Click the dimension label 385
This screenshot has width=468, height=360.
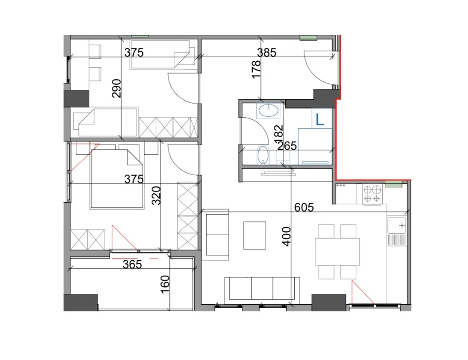[x=267, y=52]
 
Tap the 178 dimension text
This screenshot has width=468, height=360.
[x=256, y=70]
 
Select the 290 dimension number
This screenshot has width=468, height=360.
[x=117, y=88]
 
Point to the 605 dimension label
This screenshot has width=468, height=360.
[x=304, y=207]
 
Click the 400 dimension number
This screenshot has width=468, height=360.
[x=286, y=237]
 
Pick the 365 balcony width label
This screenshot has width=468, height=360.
[x=132, y=264]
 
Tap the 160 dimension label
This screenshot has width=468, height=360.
[x=165, y=284]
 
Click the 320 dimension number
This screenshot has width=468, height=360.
[x=156, y=195]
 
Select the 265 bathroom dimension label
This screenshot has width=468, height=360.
[x=287, y=146]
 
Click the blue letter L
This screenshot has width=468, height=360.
[x=320, y=120]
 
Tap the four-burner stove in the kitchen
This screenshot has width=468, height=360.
[x=372, y=194]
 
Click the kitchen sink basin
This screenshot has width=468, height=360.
[x=397, y=225]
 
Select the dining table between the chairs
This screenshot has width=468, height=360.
[x=337, y=252]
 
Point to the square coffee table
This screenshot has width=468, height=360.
[x=255, y=235]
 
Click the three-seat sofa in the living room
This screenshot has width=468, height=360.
[x=262, y=288]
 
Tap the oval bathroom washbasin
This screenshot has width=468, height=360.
[x=268, y=111]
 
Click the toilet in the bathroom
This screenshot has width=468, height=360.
[x=263, y=155]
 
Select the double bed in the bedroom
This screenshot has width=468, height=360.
[x=116, y=179]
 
